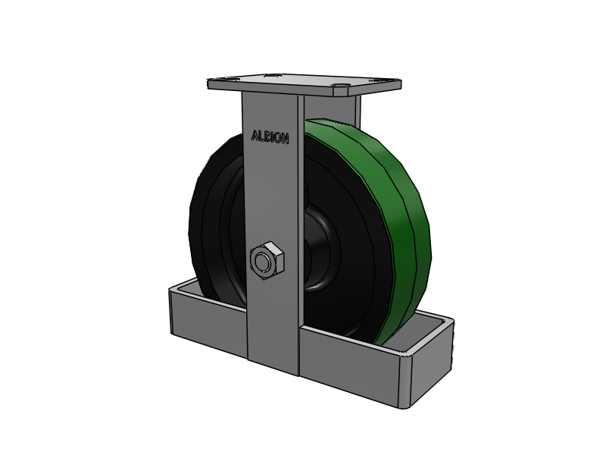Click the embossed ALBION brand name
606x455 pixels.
270,137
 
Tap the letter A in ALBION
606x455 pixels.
255,136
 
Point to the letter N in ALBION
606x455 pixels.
285,139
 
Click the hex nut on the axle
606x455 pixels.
267,260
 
